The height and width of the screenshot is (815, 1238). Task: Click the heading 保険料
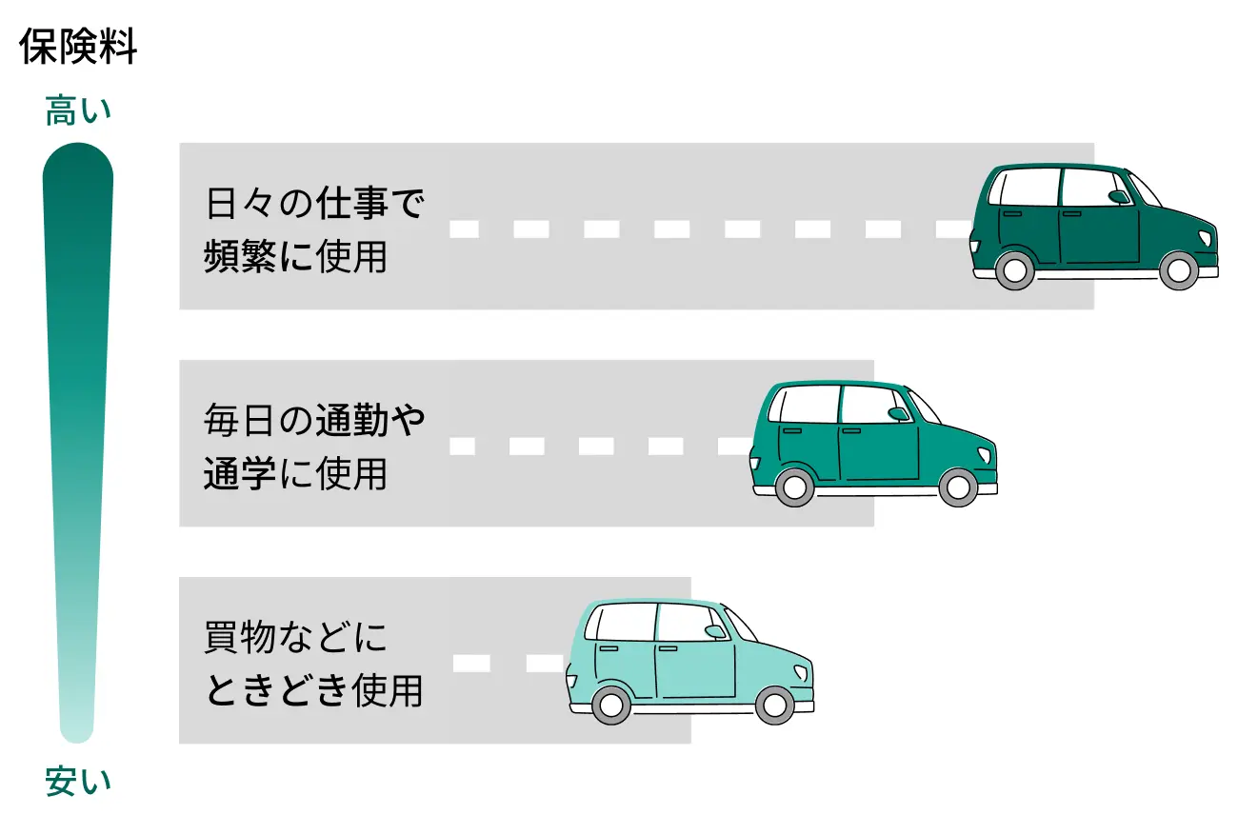pos(78,49)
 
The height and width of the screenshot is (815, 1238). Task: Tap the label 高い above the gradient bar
pos(78,112)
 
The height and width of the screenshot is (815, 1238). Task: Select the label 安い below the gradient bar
pos(78,783)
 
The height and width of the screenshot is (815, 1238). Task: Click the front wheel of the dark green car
pos(1178,271)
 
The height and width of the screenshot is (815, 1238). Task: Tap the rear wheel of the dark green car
pos(1014,271)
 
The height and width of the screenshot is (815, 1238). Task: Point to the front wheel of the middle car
pos(957,487)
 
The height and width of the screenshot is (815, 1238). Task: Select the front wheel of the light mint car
pos(774,705)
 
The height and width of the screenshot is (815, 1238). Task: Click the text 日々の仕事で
pos(314,204)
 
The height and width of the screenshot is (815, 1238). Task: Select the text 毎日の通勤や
pos(314,420)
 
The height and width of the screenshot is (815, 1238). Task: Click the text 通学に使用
pos(295,473)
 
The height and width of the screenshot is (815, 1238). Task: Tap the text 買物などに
pos(296,637)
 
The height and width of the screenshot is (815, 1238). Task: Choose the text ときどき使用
pos(314,690)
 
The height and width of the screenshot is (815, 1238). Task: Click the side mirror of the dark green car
pos(1118,197)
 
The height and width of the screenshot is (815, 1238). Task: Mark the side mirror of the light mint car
pos(714,630)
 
